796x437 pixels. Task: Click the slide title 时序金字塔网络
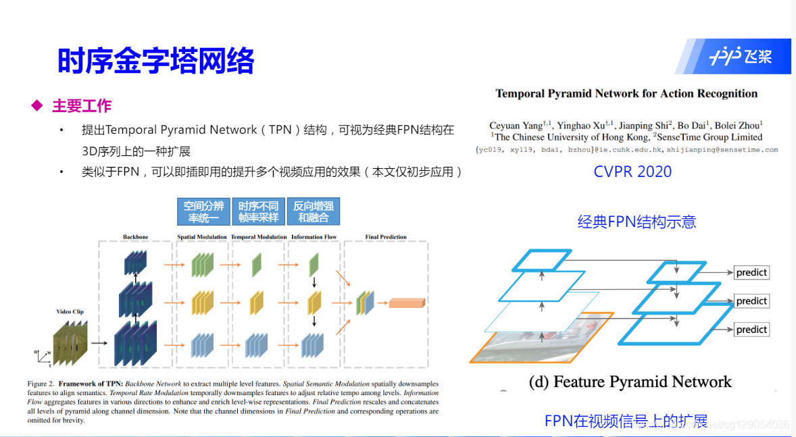point(155,61)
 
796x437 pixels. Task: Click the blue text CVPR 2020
point(632,172)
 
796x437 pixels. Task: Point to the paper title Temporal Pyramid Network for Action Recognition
point(626,94)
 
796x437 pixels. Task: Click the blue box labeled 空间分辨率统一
point(203,211)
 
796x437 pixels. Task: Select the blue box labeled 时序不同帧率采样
point(258,211)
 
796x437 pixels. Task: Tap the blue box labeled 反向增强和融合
point(313,211)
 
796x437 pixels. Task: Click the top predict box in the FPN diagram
point(751,272)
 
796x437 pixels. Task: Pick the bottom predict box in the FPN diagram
point(751,330)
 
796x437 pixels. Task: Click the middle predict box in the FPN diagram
point(751,301)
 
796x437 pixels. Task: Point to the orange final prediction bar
point(407,303)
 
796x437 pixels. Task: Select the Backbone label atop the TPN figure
point(135,237)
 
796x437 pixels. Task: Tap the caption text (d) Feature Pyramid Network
point(630,382)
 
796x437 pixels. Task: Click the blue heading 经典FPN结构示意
point(637,222)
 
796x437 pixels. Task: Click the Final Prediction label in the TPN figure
point(386,237)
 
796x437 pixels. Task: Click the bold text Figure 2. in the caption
point(42,384)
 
